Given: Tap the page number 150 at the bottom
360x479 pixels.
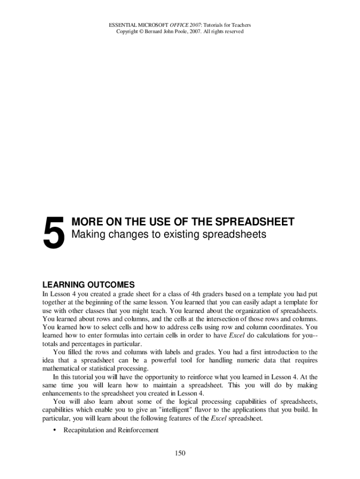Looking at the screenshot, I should [180, 453].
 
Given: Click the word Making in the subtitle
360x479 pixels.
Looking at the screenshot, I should [86, 234].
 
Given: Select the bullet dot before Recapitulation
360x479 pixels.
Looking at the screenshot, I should [55, 430].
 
